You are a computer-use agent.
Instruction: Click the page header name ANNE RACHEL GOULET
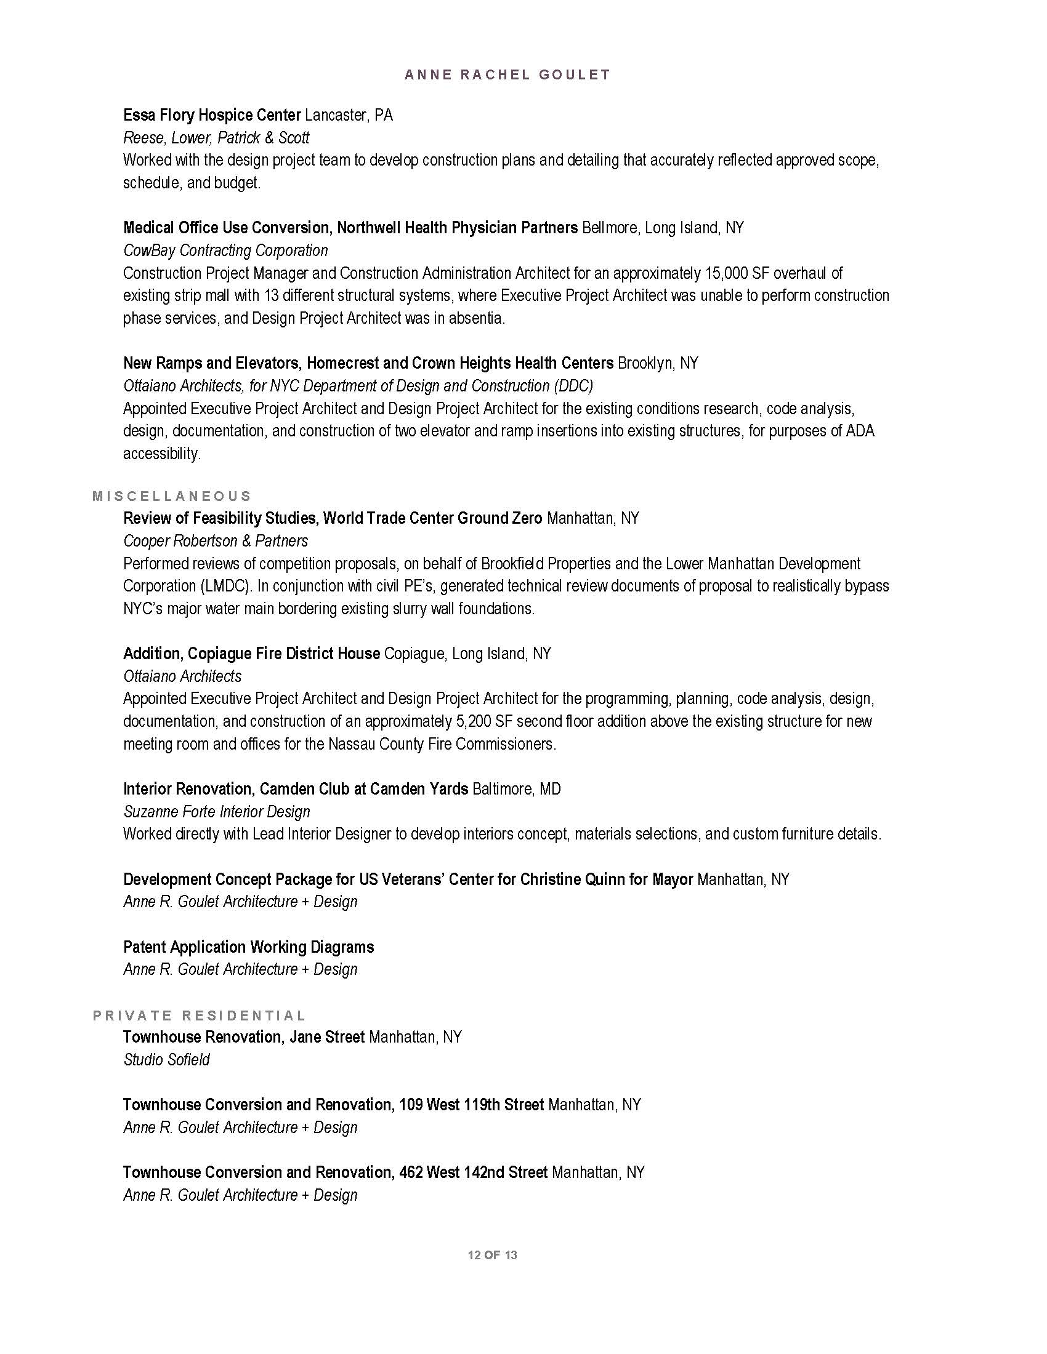point(507,75)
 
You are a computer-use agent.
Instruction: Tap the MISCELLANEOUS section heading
point(172,496)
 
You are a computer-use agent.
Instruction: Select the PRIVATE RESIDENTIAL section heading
point(199,1015)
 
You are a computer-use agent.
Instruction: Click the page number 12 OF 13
point(493,1256)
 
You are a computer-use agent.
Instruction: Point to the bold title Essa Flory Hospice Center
point(211,115)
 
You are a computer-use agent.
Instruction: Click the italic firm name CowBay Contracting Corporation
point(225,250)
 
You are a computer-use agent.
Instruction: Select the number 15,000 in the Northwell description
point(726,273)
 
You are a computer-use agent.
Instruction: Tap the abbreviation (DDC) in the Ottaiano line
point(572,387)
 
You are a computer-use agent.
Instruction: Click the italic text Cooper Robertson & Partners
point(215,541)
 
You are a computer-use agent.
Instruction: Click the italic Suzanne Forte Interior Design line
point(216,812)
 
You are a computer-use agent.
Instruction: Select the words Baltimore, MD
point(516,789)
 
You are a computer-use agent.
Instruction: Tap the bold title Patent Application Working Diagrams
point(248,947)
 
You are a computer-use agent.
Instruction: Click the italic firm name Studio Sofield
point(166,1060)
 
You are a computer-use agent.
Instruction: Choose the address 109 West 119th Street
point(471,1105)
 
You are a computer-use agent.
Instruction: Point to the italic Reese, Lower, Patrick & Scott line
point(216,138)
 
